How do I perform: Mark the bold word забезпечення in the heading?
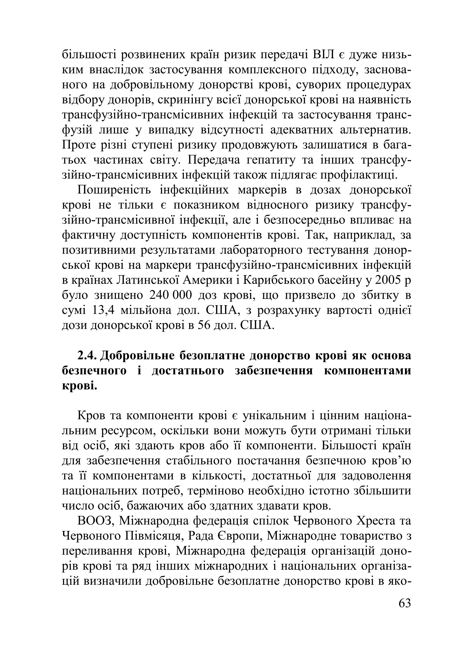tap(274, 371)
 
